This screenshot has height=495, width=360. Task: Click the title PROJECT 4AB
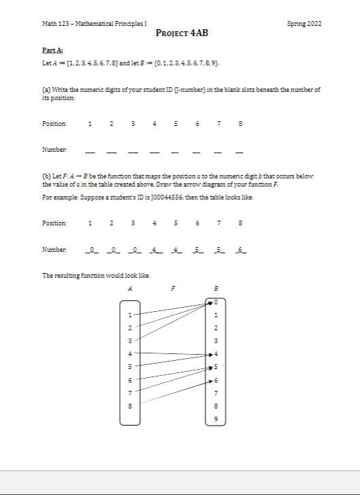coord(180,33)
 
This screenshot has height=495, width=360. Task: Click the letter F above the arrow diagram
coord(173,287)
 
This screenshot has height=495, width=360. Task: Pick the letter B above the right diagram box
coord(215,287)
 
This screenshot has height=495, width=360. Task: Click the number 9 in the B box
coord(215,419)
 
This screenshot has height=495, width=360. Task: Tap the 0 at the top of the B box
coord(215,302)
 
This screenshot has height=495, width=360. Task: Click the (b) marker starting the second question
coord(46,176)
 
